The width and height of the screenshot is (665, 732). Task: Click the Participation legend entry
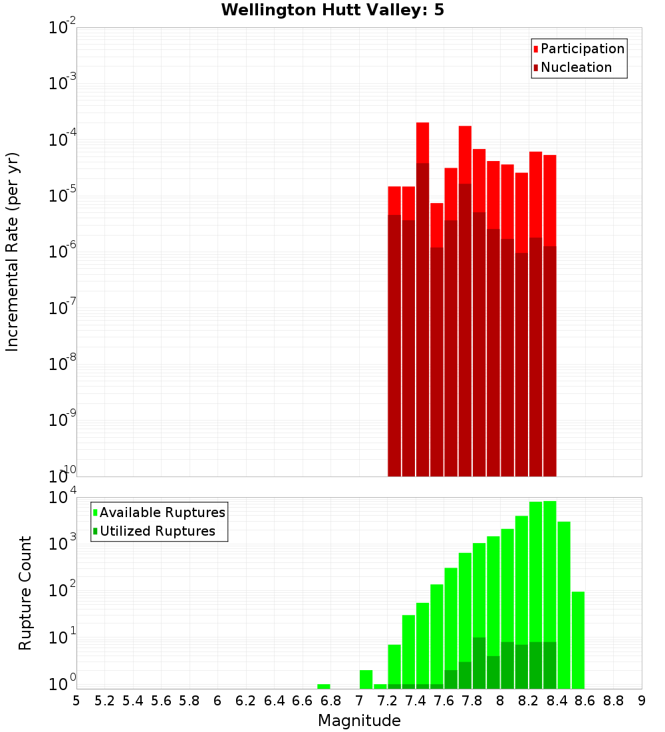click(x=579, y=49)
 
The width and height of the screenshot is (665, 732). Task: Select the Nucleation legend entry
click(x=572, y=68)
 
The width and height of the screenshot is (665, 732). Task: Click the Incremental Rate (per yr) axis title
click(x=12, y=252)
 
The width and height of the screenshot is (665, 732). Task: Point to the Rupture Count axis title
click(x=25, y=593)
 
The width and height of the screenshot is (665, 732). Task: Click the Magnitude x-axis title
click(x=359, y=721)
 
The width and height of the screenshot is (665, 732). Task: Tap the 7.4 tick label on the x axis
click(x=415, y=701)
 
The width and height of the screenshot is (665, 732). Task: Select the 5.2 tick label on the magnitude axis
click(x=104, y=701)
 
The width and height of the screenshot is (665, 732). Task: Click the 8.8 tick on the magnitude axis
click(x=613, y=701)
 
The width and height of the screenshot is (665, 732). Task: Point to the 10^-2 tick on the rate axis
click(x=62, y=28)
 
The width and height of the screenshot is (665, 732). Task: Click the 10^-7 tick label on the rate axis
click(x=62, y=308)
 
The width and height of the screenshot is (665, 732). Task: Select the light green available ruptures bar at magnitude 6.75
click(x=324, y=686)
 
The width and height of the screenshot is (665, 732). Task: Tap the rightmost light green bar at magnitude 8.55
click(x=578, y=639)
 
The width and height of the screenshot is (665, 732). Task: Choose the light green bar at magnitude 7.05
click(x=366, y=679)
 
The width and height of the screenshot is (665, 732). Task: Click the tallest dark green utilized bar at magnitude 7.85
click(x=479, y=663)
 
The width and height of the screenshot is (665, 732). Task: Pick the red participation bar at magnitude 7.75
click(x=465, y=153)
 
